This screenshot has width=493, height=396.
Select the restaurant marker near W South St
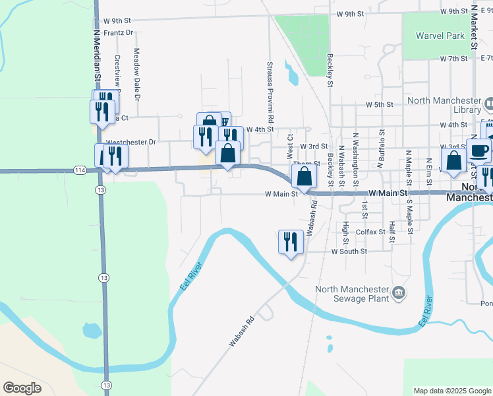291,242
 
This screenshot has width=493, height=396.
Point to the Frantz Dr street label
119,32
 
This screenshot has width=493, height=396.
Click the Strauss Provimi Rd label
270,91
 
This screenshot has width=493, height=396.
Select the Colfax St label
370,232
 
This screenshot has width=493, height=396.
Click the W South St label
349,251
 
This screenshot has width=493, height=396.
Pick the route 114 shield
80,170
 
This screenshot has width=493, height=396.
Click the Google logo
22,388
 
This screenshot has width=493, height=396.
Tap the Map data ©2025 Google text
451,391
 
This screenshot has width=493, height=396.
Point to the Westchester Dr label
130,142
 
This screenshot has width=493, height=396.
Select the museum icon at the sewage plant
398,292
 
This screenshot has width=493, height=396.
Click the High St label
345,232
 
